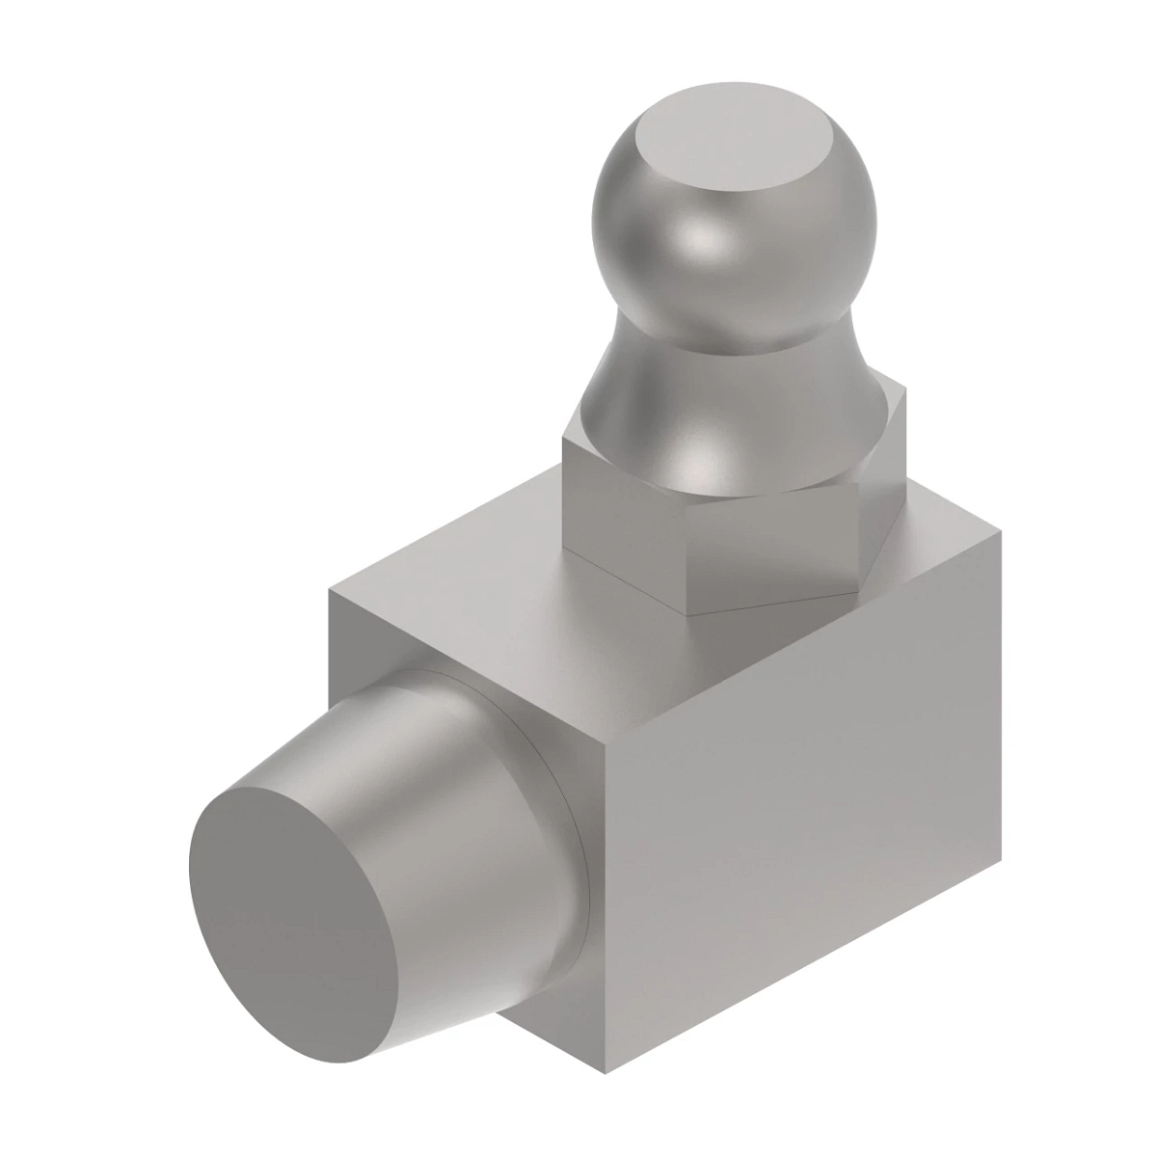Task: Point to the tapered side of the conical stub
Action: point(453,762)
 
